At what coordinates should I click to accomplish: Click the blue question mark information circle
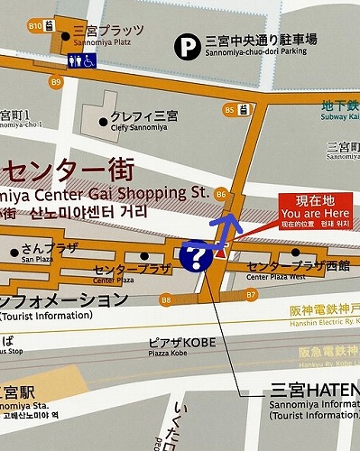pos(195,256)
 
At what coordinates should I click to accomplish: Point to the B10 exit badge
pos(36,26)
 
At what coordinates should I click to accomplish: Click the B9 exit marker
pos(57,83)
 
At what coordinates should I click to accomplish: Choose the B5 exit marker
pos(229,110)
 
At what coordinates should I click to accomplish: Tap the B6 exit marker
pos(221,193)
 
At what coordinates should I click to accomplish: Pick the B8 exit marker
pos(166,299)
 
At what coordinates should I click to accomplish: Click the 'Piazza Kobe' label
pos(169,354)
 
